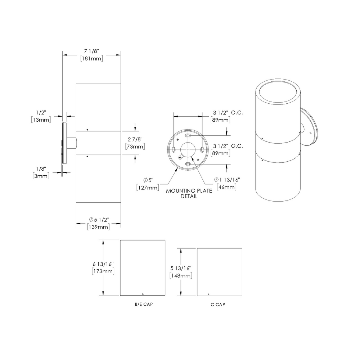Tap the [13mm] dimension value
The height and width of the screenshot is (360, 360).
tap(41, 120)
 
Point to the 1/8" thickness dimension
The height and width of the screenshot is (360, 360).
tap(41, 168)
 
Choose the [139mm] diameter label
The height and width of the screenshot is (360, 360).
tap(98, 226)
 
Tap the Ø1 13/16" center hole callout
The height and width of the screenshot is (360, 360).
tap(227, 180)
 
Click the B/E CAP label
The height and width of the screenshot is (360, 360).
tap(143, 305)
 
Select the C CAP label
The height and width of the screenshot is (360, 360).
tap(218, 305)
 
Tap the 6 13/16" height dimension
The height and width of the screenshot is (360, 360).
tap(103, 264)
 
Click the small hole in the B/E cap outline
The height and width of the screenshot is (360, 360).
tap(143, 293)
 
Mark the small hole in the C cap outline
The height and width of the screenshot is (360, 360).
tap(208, 293)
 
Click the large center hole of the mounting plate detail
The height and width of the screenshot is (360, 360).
tap(188, 149)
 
